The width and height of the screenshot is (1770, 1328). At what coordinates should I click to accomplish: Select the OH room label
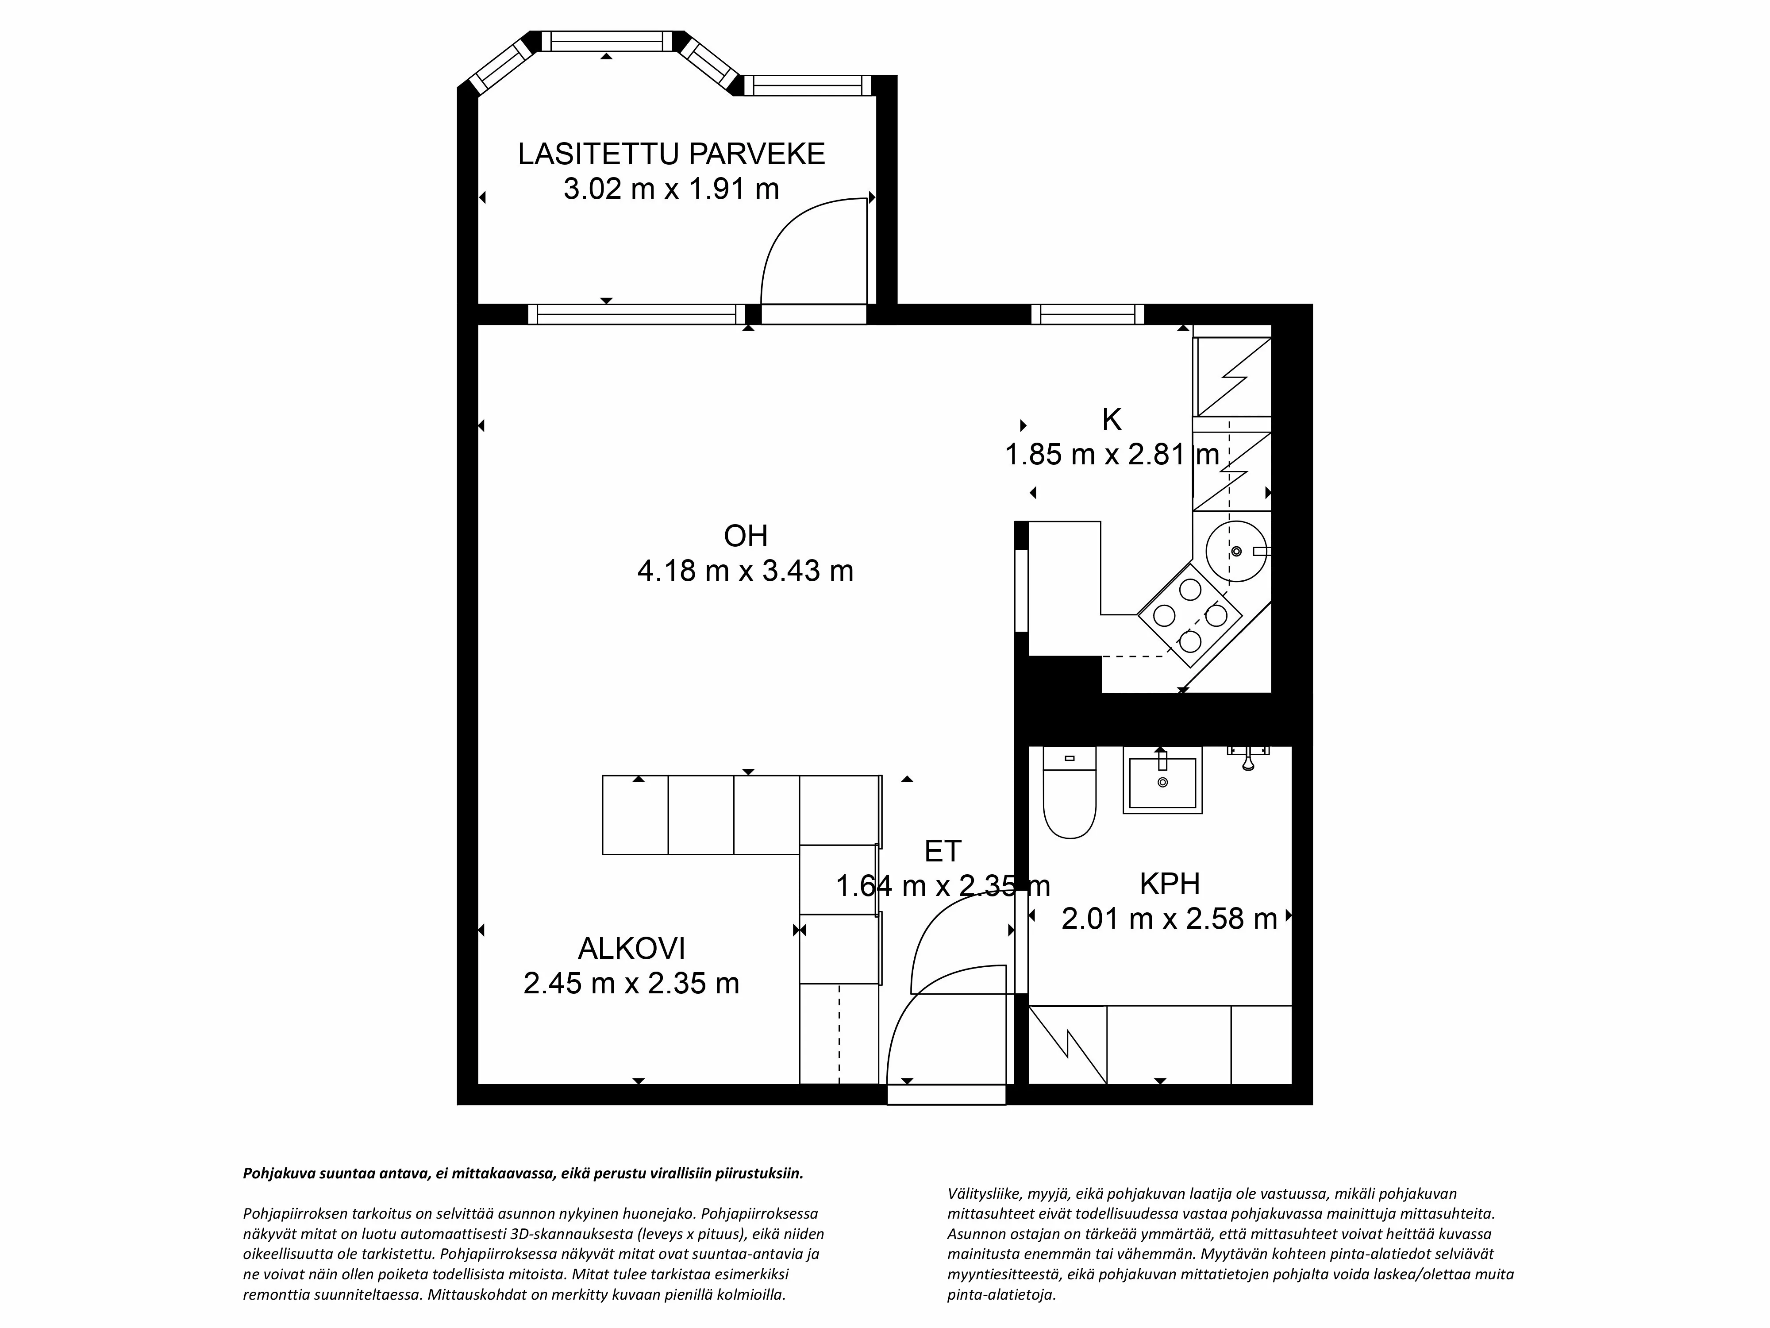click(x=745, y=536)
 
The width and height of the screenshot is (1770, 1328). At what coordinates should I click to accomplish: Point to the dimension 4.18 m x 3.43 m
click(x=745, y=571)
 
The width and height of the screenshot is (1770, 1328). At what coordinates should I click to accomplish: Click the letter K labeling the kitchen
click(x=1112, y=420)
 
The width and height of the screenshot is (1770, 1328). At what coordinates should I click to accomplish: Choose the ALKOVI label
click(x=631, y=949)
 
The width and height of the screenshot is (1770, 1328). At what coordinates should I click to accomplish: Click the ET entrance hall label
click(x=943, y=851)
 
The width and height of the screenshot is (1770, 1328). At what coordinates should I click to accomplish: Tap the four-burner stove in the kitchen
click(x=1190, y=615)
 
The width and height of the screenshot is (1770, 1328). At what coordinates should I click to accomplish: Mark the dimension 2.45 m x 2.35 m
click(x=631, y=983)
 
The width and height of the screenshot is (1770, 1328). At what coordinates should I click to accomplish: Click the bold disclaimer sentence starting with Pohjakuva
click(x=523, y=1174)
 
